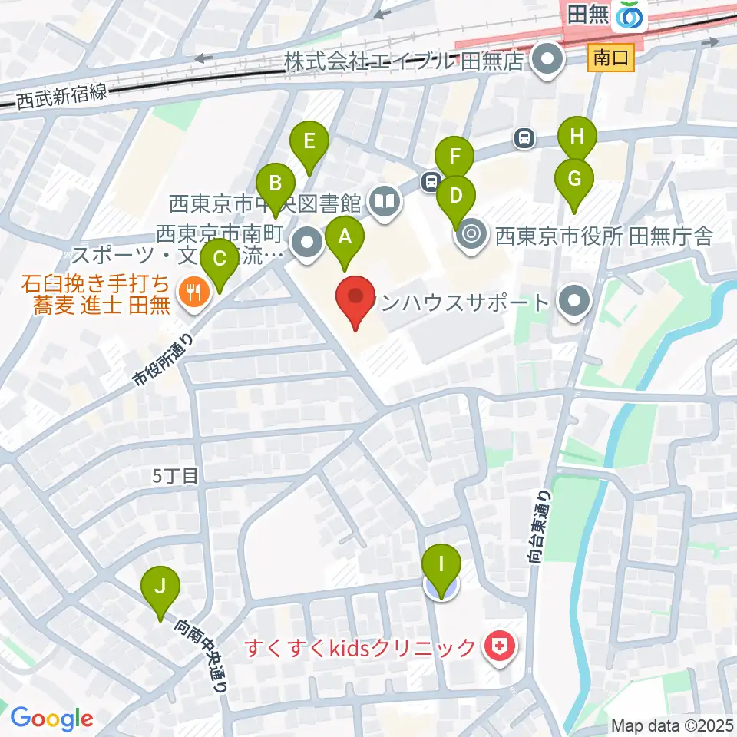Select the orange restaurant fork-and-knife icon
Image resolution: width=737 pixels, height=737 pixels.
[x=190, y=292]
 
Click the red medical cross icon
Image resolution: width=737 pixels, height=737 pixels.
[x=498, y=647]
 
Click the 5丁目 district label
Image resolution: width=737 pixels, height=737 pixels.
[x=176, y=476]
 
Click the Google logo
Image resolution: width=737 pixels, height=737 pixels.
[x=51, y=719]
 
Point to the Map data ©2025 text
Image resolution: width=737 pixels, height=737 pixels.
[x=672, y=724]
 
